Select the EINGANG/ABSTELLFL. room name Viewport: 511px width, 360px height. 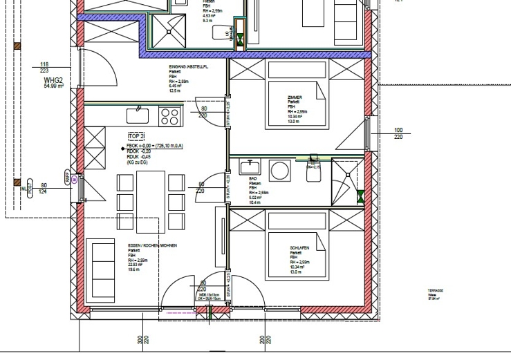click(x=189, y=67)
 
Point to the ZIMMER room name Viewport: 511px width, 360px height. click(x=295, y=97)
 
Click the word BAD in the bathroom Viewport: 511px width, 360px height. click(x=252, y=178)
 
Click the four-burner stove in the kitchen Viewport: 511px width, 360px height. click(x=169, y=114)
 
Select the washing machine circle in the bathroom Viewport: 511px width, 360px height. click(x=281, y=170)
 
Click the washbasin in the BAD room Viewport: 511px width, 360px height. click(x=249, y=167)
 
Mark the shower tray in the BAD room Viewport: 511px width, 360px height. click(x=345, y=182)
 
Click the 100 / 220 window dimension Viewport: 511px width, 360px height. click(x=398, y=133)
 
